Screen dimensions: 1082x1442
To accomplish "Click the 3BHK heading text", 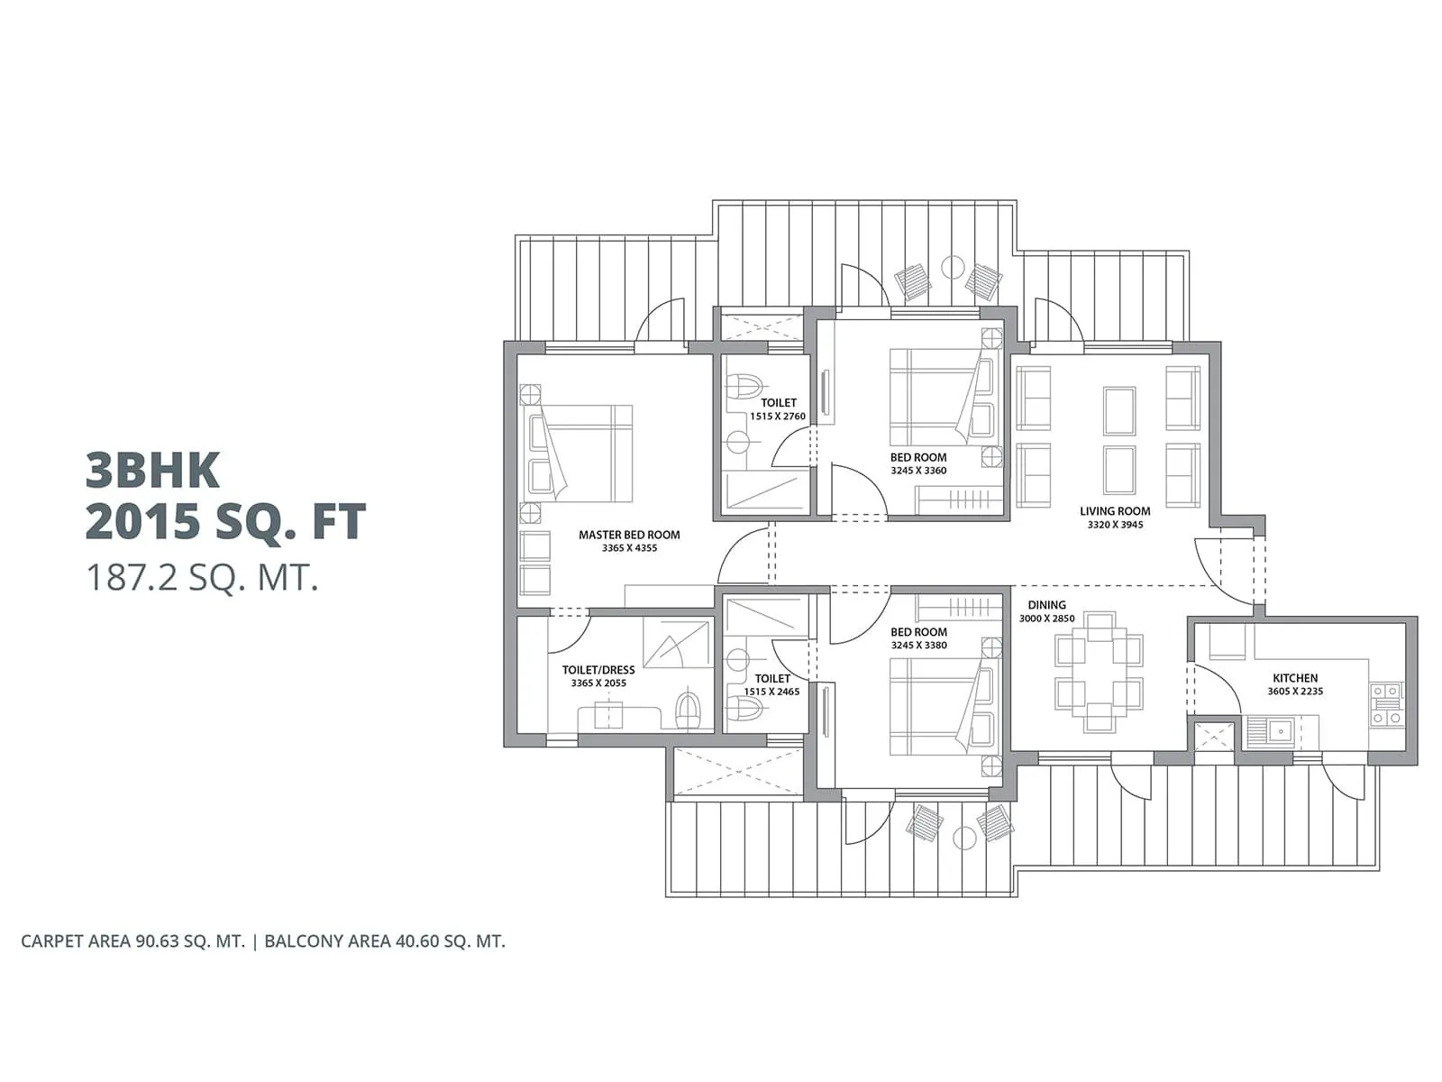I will coord(153,470).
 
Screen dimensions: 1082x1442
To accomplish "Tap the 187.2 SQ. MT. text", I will coord(203,577).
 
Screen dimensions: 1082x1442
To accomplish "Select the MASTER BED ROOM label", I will coord(629,535).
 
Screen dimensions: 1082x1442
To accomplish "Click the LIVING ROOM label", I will coord(1115,511).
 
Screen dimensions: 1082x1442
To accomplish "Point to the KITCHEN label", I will coord(1295,678).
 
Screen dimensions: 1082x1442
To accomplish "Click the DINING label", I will coord(1046,605).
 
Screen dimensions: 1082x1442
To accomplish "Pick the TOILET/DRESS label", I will coord(598,670).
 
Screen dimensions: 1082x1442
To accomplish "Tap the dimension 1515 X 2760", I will coord(778,417).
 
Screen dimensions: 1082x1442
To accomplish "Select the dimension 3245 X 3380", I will coord(918,646).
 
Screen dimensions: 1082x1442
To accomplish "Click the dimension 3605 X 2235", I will coord(1295,692).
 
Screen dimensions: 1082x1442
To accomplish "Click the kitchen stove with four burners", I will coord(1386,705).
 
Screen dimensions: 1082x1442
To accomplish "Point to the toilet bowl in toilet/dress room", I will coord(689,710).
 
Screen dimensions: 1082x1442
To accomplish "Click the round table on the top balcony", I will coord(953,267).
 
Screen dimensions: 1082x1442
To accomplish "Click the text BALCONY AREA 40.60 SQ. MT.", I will coord(385,941).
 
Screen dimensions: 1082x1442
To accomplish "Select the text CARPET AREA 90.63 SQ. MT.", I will coord(132,941).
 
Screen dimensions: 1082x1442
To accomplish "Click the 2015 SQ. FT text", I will coord(225,522).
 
